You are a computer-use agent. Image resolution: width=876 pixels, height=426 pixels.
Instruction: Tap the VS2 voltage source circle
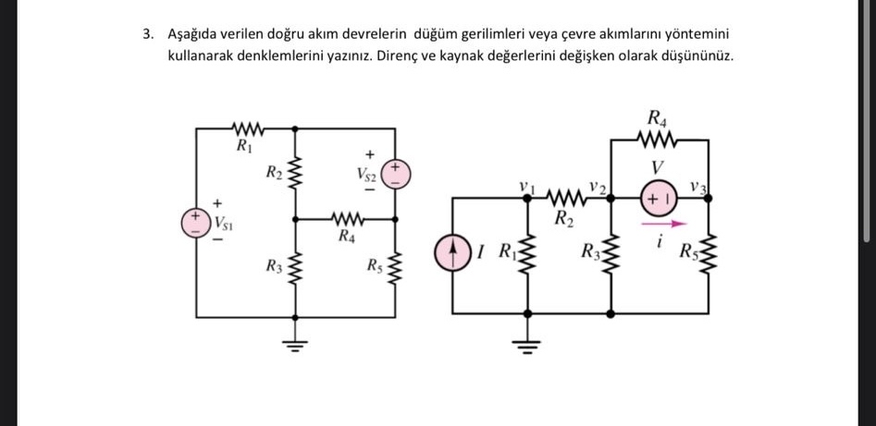396,175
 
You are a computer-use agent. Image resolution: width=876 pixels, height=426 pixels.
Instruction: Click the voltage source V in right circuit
659,198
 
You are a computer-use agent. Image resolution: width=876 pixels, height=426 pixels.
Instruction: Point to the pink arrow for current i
663,224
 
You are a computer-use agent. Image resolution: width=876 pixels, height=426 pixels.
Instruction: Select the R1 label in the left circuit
243,146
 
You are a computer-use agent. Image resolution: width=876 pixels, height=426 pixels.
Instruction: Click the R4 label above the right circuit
657,118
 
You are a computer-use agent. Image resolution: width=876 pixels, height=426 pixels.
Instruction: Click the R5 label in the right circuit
687,252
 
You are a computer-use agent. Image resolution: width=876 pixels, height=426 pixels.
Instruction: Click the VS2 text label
368,175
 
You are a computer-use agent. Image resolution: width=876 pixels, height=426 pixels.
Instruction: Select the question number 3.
147,34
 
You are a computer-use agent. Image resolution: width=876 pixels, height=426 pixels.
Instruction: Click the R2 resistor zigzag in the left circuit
295,173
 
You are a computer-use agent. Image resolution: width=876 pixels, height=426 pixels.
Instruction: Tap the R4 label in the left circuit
346,235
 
